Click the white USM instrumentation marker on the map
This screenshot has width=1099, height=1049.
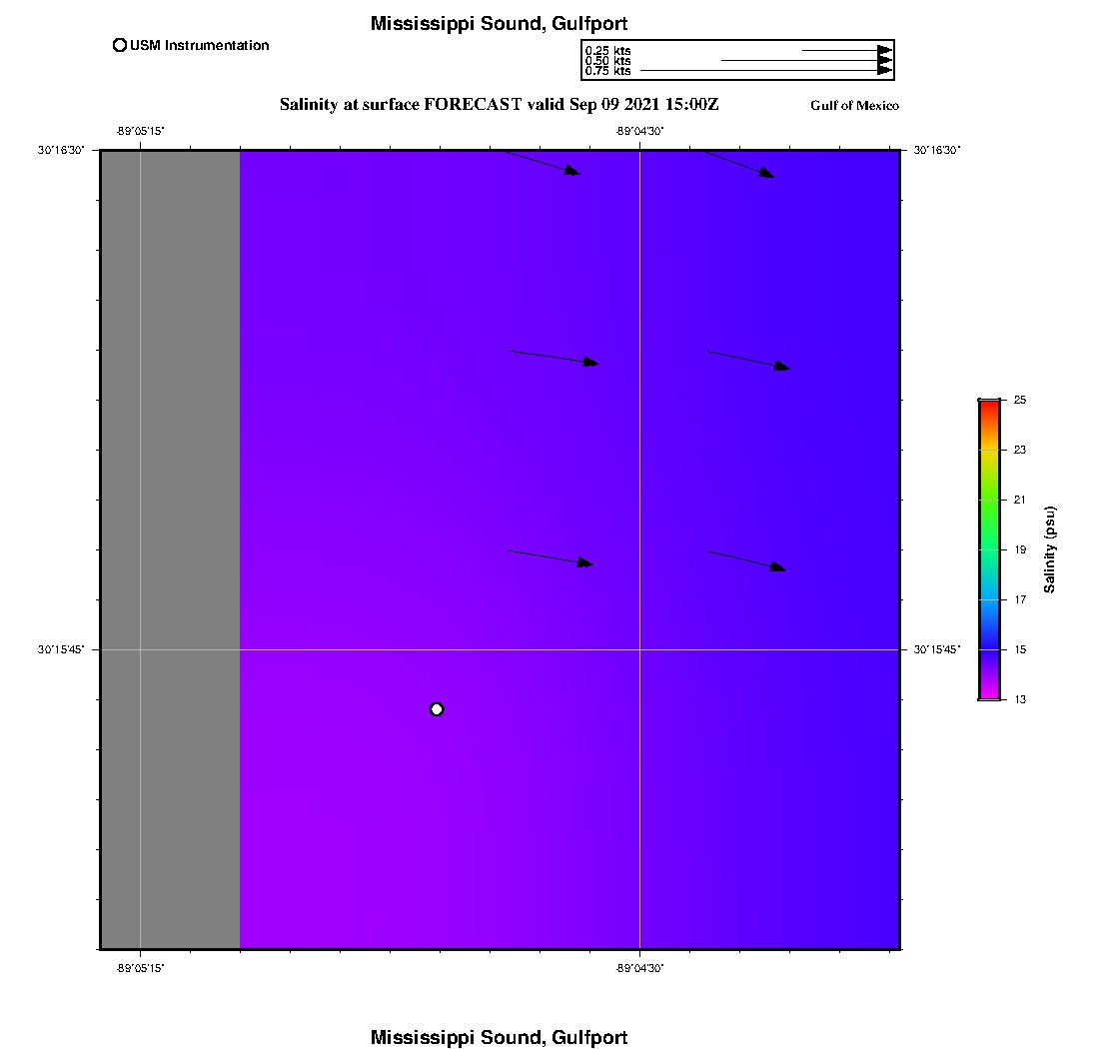point(437,709)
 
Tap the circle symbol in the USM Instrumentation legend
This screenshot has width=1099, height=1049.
point(120,45)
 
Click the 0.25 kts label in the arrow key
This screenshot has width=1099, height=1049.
point(607,51)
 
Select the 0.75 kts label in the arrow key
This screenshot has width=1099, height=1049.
point(607,71)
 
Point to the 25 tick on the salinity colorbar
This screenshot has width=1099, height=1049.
point(1020,400)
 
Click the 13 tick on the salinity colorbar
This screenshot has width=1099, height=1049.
point(1020,699)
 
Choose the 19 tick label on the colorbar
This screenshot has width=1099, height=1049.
point(1020,549)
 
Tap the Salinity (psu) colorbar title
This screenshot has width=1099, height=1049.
point(1050,549)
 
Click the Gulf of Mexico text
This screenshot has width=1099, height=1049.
point(854,106)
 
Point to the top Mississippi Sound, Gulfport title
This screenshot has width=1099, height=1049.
point(499,24)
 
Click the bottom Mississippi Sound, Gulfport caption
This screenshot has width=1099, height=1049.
point(499,1038)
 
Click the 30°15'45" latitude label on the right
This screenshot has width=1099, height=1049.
point(937,649)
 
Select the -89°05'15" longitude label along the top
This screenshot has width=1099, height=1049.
point(140,131)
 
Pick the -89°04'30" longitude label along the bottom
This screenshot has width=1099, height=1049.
point(639,967)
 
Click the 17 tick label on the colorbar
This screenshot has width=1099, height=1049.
point(1020,599)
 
